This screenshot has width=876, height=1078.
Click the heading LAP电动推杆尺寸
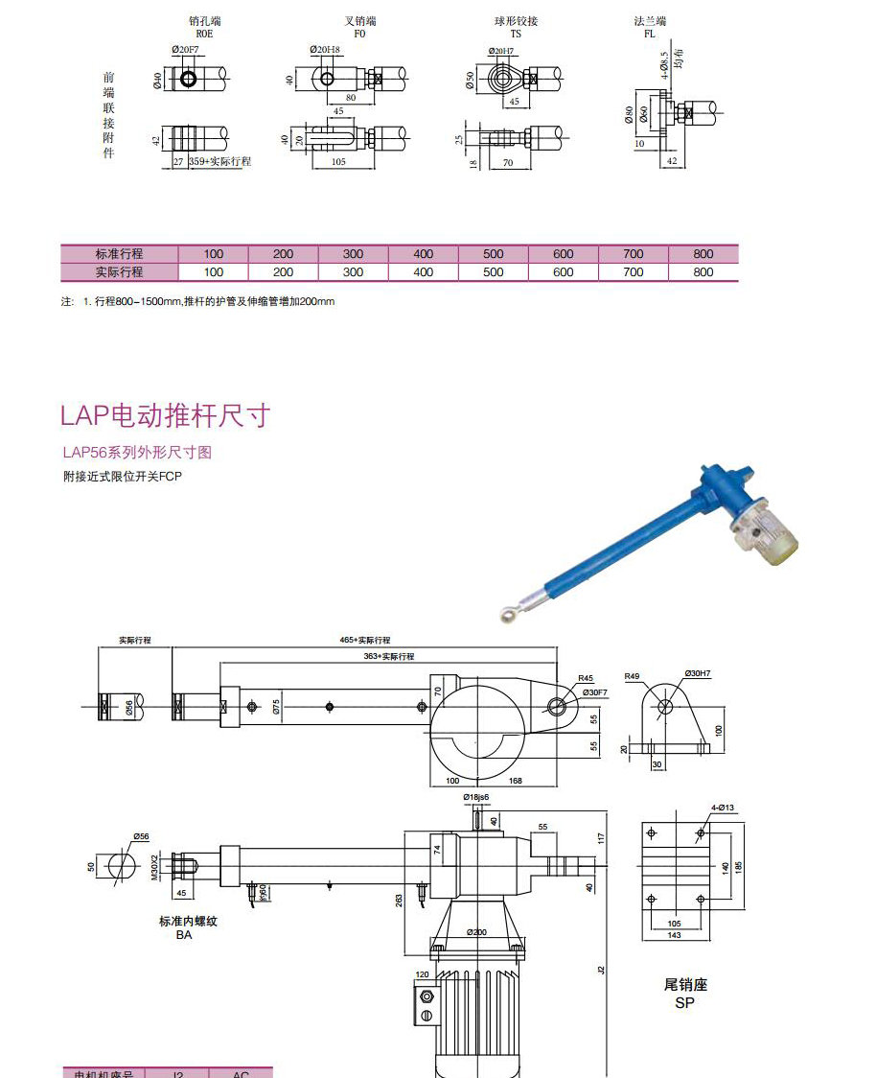[165, 415]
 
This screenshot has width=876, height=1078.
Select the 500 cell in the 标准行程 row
[493, 254]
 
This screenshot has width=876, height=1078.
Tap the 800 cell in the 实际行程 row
[703, 272]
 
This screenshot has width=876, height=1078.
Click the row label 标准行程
[119, 254]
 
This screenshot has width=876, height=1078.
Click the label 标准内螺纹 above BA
[188, 921]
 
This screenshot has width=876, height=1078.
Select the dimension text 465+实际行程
[365, 640]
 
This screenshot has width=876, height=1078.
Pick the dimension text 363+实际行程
[389, 657]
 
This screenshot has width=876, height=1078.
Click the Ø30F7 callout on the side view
[595, 691]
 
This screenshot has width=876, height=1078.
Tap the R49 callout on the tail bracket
[633, 676]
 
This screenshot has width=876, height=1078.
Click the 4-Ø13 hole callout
[724, 808]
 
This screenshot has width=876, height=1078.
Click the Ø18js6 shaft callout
[475, 797]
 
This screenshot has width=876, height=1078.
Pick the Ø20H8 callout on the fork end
[325, 49]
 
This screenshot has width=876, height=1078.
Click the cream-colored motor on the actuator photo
[767, 532]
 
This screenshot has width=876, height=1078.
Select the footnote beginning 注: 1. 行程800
[198, 301]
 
